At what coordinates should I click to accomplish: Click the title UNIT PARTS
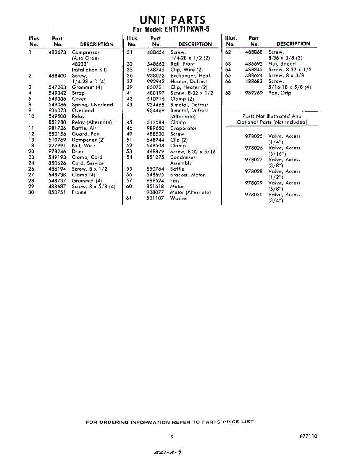pyautogui.click(x=172, y=20)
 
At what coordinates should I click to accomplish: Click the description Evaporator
pyautogui.click(x=184, y=128)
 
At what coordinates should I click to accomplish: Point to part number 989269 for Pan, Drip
pyautogui.click(x=253, y=93)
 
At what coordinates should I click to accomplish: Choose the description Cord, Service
pyautogui.click(x=87, y=163)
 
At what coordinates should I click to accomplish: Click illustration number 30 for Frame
pyautogui.click(x=31, y=192)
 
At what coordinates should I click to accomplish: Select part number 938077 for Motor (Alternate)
pyautogui.click(x=155, y=192)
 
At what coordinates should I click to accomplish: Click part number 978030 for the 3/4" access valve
pyautogui.click(x=253, y=195)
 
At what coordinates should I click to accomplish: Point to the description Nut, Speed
pyautogui.click(x=282, y=64)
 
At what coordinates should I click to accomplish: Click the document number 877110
pyautogui.click(x=309, y=436)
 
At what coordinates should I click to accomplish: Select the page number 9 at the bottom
pyautogui.click(x=172, y=437)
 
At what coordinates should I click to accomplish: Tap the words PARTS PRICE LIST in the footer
pyautogui.click(x=228, y=422)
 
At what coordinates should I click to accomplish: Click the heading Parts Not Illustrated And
pyautogui.click(x=272, y=116)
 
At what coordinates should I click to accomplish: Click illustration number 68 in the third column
pyautogui.click(x=228, y=93)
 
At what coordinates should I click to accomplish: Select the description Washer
pyautogui.click(x=179, y=198)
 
